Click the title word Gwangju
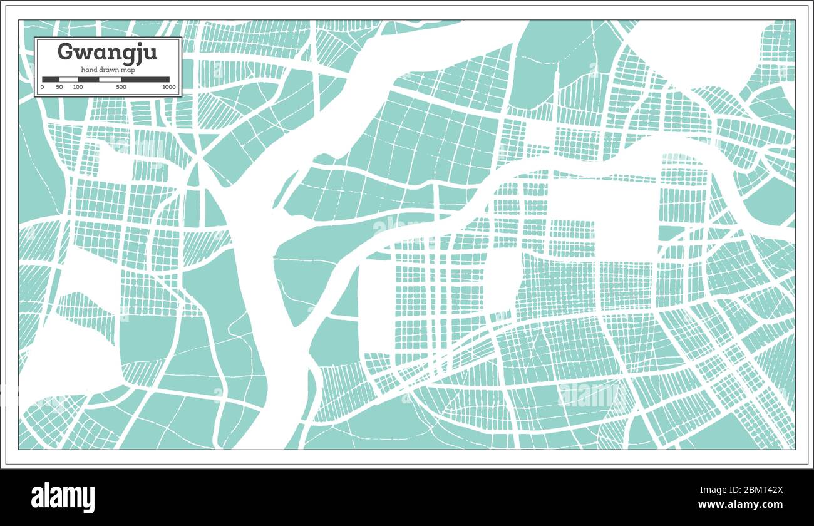[x=107, y=52]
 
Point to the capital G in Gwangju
[x=65, y=51]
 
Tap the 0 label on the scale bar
[x=43, y=87]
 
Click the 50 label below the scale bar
[x=59, y=87]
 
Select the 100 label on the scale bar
[x=78, y=87]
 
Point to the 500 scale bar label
[x=121, y=87]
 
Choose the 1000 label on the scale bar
[x=168, y=87]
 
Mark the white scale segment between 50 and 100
[x=68, y=80]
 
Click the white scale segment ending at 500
[x=110, y=80]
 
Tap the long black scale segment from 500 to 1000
[x=145, y=80]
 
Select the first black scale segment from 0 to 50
[x=51, y=80]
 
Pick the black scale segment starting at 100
[x=88, y=80]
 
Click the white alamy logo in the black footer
[x=63, y=498]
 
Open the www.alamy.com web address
[x=741, y=505]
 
